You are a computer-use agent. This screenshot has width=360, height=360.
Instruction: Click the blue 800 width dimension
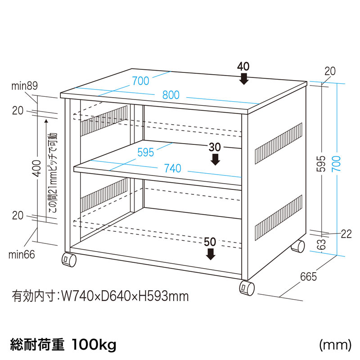171,95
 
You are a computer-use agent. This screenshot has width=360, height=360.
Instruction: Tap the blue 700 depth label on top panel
140,81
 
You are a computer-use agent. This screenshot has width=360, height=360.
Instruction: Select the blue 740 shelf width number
172,168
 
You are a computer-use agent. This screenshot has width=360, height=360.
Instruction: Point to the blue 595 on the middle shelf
145,152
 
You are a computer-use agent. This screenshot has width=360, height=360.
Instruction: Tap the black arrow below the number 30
215,160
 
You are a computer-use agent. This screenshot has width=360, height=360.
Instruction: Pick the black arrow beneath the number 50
210,254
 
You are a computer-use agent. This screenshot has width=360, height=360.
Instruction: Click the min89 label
24,86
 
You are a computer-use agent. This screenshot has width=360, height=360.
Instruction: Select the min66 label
22,255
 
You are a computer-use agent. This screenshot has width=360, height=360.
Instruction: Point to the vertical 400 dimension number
37,168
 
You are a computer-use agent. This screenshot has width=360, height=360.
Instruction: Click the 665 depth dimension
308,277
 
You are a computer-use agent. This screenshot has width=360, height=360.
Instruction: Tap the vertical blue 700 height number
336,164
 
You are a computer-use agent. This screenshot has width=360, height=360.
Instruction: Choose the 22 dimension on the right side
346,234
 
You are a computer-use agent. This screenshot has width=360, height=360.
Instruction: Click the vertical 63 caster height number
323,244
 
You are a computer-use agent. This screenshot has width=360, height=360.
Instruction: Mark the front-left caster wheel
69,260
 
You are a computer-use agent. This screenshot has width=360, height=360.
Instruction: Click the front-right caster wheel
247,288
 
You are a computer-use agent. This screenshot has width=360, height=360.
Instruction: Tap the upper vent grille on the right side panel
279,144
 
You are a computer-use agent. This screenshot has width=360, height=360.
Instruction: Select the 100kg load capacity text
94,345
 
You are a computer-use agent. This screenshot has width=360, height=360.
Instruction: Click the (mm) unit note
335,345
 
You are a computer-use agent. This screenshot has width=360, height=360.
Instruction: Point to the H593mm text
162,296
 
